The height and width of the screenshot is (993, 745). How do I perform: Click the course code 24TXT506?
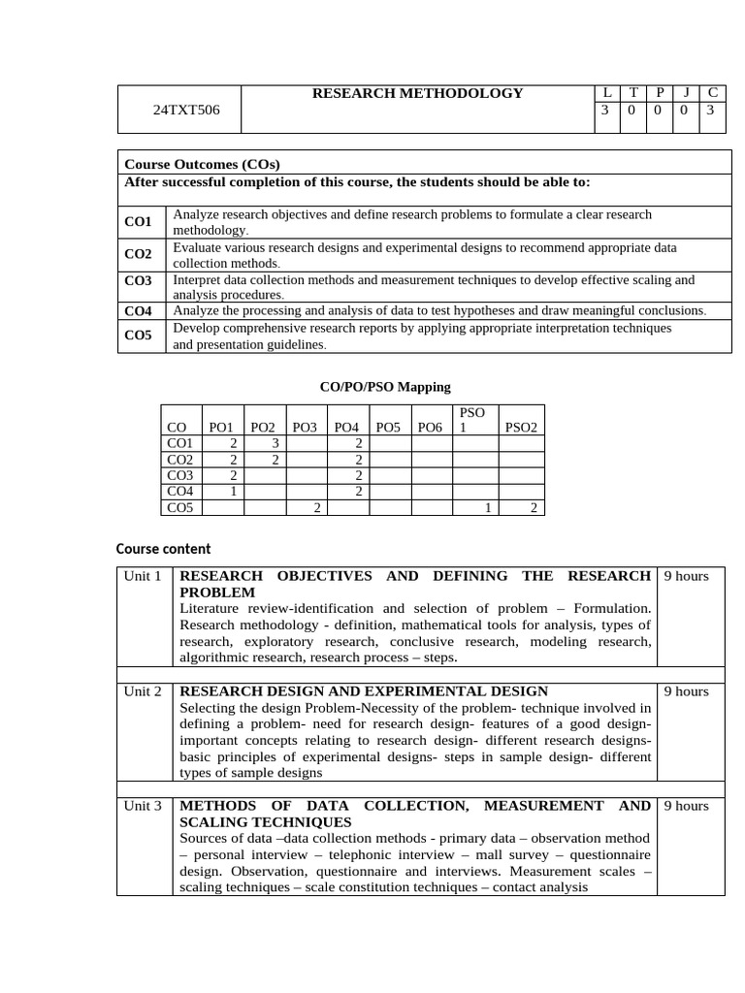coord(186,110)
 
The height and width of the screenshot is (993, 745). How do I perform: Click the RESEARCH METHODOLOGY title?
coord(417,93)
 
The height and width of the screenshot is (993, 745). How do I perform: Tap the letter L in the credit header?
coord(605,93)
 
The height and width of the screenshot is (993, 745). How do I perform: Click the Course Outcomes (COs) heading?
coord(202,164)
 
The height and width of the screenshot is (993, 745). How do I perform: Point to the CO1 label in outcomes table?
coord(138,222)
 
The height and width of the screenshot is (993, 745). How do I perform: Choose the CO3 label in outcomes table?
coord(138,280)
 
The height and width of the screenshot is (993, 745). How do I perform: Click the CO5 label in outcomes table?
coord(138,336)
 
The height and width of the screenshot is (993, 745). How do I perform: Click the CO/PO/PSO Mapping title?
coord(385,387)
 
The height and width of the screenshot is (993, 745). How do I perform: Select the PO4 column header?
coord(346,428)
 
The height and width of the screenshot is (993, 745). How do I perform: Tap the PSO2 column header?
coord(521,428)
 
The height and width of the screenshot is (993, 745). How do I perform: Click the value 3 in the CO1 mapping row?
coord(275,443)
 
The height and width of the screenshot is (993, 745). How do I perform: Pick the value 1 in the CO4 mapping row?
coord(234,492)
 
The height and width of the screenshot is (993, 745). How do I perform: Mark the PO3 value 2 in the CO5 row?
coord(316,508)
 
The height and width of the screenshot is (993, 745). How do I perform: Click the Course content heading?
coord(163,549)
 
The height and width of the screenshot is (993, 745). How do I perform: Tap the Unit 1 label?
coord(143,576)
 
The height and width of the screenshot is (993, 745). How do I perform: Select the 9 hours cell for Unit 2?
coord(686,691)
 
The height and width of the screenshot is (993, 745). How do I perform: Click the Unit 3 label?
coord(143,806)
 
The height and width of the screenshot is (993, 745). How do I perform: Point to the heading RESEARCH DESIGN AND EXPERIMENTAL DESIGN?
coord(364,691)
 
